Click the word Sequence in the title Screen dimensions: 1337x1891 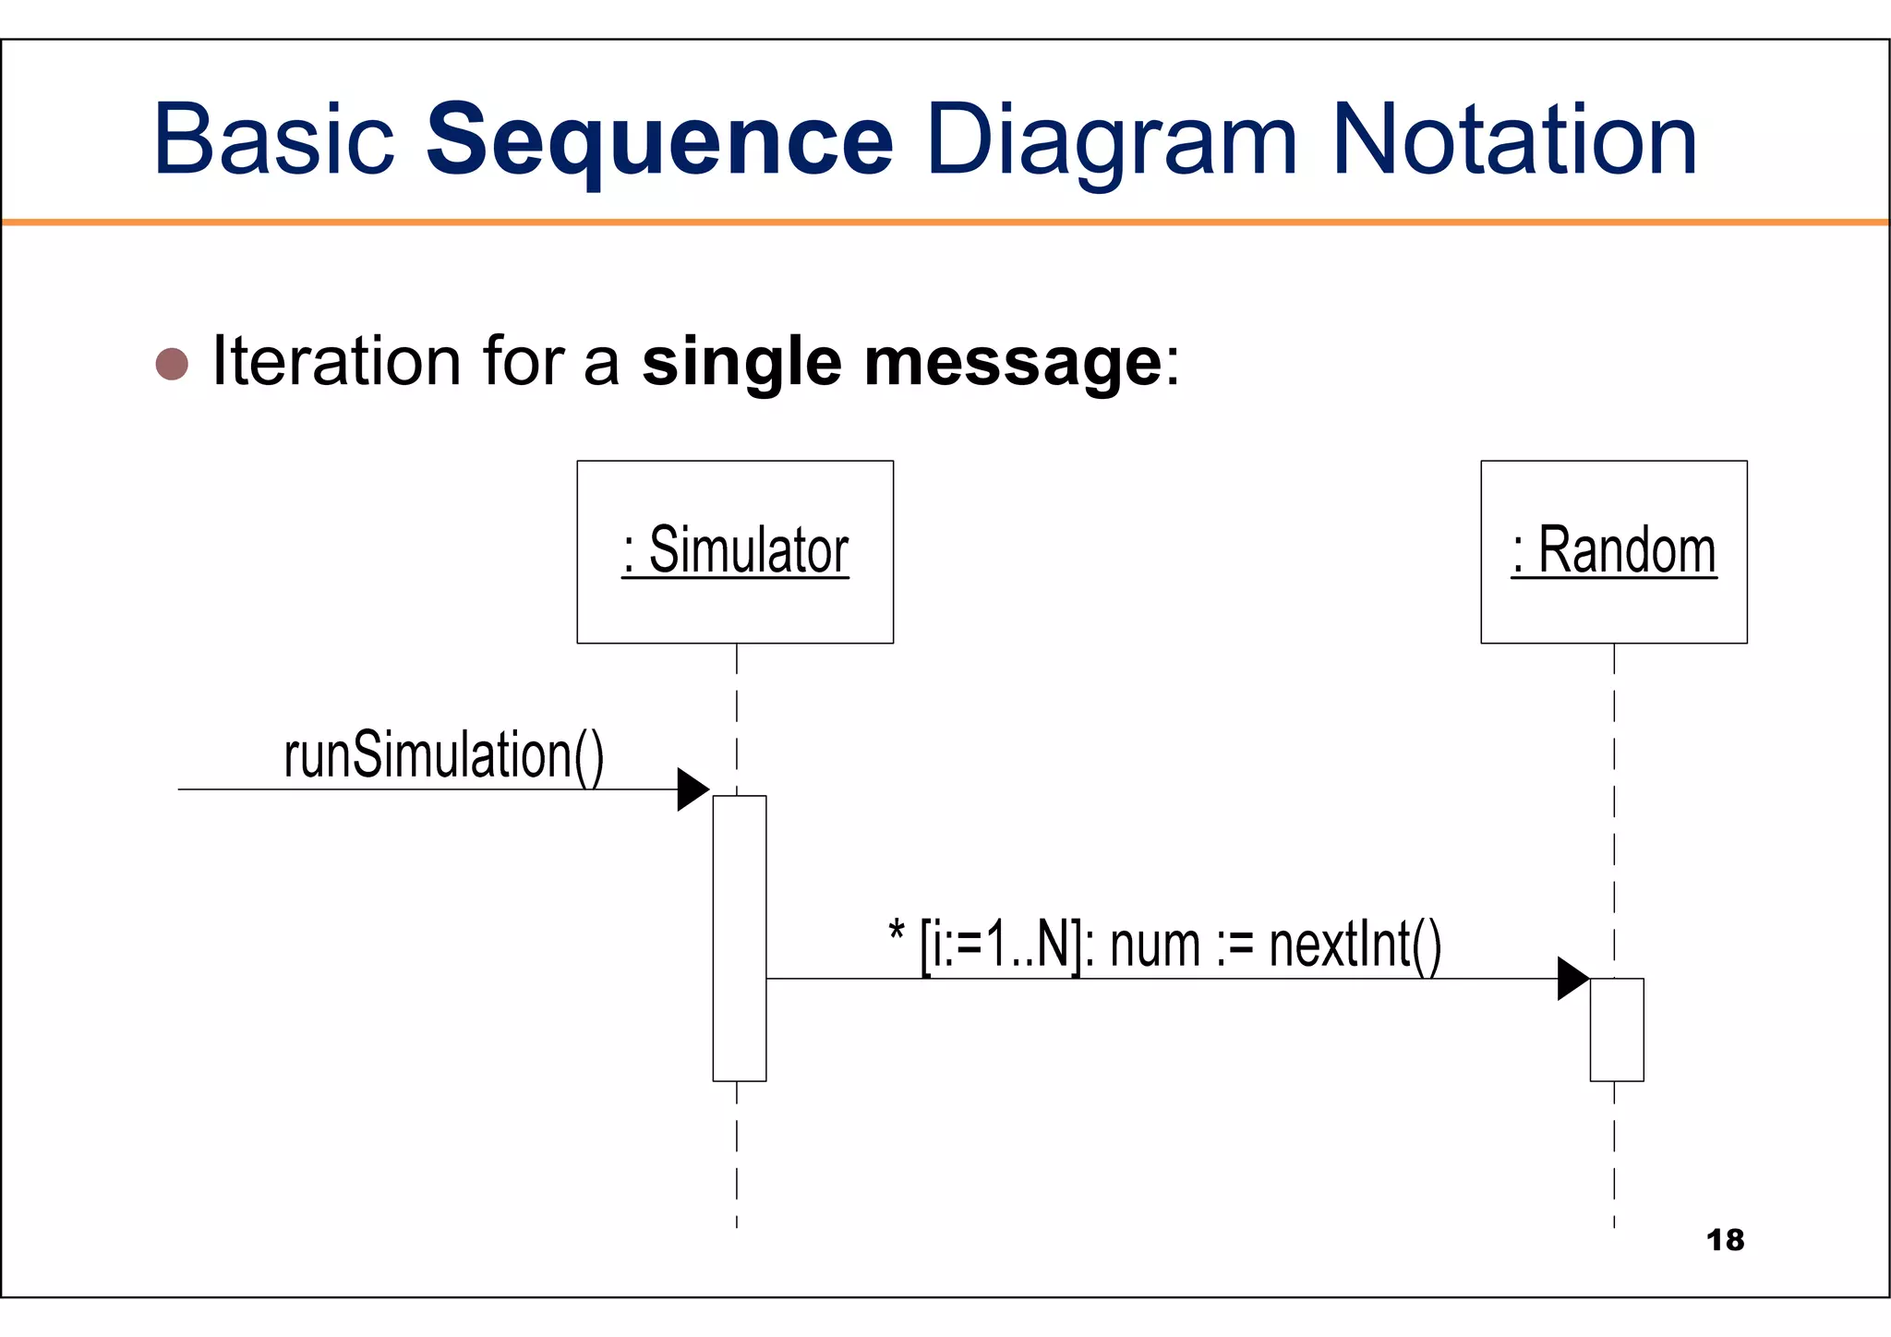pyautogui.click(x=659, y=140)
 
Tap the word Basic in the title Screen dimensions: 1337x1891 pyautogui.click(x=273, y=140)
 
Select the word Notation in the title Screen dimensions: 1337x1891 pyautogui.click(x=1514, y=140)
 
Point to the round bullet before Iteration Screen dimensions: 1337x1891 pyautogui.click(x=172, y=364)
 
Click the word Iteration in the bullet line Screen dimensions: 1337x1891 pyautogui.click(x=336, y=361)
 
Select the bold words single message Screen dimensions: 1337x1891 pyautogui.click(x=901, y=363)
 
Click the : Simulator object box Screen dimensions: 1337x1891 pyautogui.click(x=735, y=551)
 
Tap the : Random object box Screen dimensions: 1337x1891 pyautogui.click(x=1613, y=551)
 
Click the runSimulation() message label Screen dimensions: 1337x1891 pyautogui.click(x=443, y=755)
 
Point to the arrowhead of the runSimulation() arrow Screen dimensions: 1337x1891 pyautogui.click(x=693, y=789)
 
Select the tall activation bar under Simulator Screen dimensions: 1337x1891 pyautogui.click(x=740, y=937)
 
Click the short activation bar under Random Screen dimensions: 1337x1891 pyautogui.click(x=1616, y=1029)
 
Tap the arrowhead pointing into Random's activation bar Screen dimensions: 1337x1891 pyautogui.click(x=1572, y=979)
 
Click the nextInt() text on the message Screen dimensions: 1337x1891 pyautogui.click(x=1355, y=946)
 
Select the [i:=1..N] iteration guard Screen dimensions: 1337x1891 pyautogui.click(x=1000, y=946)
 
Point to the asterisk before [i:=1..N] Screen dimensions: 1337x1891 pyautogui.click(x=896, y=931)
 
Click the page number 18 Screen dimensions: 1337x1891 pyautogui.click(x=1725, y=1240)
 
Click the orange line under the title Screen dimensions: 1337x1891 pyautogui.click(x=945, y=223)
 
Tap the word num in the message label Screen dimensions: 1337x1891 pyautogui.click(x=1154, y=947)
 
